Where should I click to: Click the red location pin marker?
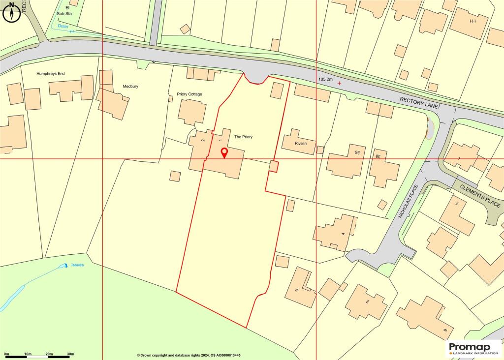[x=224, y=152]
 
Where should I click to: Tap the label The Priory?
[x=243, y=137]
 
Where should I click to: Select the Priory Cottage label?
[x=189, y=94]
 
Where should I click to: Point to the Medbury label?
[x=130, y=87]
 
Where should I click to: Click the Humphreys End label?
[x=51, y=74]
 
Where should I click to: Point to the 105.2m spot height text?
[x=326, y=79]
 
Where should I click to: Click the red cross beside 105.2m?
[x=339, y=83]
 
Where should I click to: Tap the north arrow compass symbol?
[x=11, y=13]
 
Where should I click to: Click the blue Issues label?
[x=77, y=265]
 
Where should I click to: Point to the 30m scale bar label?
[x=70, y=354]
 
